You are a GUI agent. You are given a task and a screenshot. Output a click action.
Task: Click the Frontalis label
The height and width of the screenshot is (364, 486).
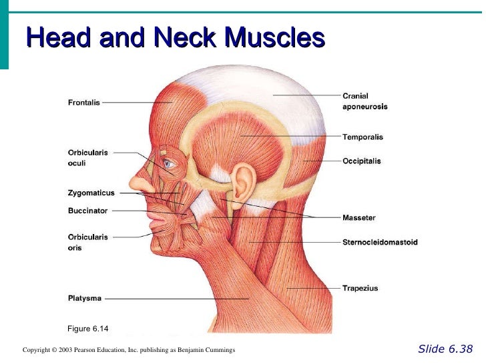point(83,103)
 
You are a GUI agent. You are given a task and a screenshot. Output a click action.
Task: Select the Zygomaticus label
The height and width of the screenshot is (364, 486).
point(91,193)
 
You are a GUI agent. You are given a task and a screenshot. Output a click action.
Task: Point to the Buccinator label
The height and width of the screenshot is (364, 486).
point(87,211)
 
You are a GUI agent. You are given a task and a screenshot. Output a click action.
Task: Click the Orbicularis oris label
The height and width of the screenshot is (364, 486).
point(87,242)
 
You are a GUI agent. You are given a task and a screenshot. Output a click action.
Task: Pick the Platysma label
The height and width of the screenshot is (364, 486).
point(85,299)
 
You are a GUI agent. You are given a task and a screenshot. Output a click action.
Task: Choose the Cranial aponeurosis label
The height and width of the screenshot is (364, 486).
point(364,101)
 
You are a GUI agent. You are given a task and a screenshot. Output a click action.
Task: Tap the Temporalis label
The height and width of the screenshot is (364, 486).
point(362,137)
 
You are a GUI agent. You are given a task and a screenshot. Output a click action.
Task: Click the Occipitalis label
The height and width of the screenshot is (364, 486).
point(362,161)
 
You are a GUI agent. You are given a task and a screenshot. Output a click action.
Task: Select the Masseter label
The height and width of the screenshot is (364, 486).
point(359,218)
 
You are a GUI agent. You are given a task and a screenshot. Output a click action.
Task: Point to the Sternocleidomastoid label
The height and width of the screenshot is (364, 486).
point(380,242)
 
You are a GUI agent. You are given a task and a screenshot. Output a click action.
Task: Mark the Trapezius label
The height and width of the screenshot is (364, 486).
point(360,289)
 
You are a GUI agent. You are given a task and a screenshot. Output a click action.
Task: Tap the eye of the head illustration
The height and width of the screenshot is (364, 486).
point(168,163)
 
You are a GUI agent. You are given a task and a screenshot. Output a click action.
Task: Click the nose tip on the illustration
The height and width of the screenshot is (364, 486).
point(133,187)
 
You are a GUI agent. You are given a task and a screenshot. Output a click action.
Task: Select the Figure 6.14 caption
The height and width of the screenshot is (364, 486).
point(88,329)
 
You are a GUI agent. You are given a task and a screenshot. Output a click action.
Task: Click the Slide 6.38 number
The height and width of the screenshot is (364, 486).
point(445,349)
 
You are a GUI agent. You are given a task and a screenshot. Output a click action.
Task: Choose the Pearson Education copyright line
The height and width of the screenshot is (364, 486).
point(128,350)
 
